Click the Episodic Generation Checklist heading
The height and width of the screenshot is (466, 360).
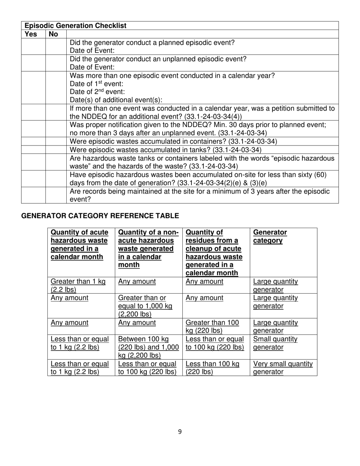point(75,26)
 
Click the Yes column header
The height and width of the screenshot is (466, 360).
point(31,34)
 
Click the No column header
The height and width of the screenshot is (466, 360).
point(53,34)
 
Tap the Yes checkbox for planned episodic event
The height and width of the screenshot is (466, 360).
point(33,47)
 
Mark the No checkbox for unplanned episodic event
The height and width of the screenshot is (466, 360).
point(56,63)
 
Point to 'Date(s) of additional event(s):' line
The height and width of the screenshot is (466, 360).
point(116,100)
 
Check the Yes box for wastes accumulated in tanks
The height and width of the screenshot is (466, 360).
point(33,150)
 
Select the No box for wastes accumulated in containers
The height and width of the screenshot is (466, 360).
point(56,141)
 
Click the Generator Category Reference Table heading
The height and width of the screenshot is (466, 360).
point(100,216)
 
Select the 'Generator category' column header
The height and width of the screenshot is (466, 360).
point(270,236)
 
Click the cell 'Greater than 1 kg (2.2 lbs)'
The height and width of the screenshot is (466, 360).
point(78,286)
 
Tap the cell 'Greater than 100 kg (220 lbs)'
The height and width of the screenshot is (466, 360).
point(212,327)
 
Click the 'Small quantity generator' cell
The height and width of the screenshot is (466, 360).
point(275,343)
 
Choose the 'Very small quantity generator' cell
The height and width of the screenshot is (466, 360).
point(283,368)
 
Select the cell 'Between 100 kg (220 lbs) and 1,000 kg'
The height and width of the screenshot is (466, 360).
point(149,347)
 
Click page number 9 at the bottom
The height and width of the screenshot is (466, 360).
point(180,432)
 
